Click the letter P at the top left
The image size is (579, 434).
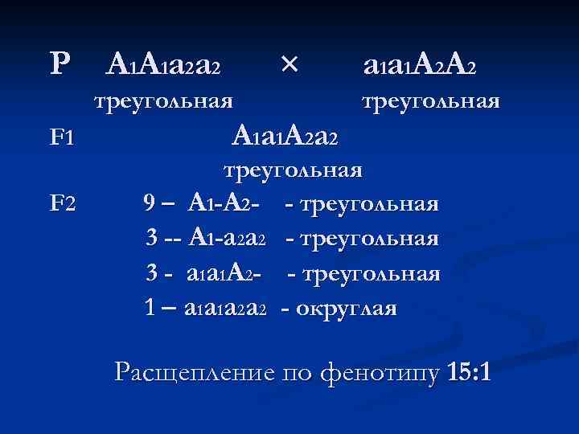point(59,64)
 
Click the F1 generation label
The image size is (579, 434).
point(62,137)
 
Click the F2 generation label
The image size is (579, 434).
point(62,203)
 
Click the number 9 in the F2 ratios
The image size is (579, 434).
point(150,203)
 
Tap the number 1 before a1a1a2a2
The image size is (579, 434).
point(149,307)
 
